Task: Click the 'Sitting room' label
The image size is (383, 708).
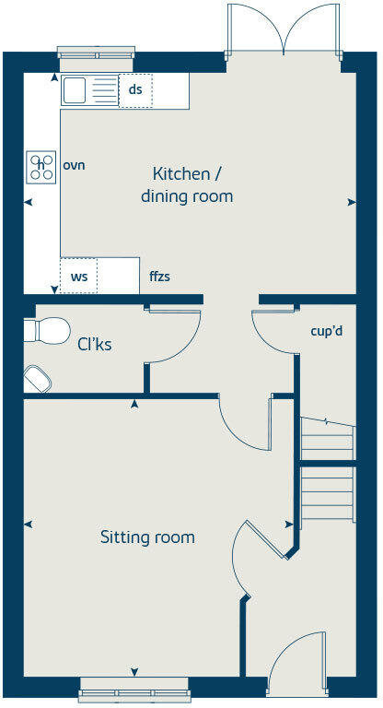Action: click(147, 537)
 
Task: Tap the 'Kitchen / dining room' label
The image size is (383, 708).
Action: click(186, 184)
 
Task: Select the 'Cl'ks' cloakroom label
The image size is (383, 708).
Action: click(94, 346)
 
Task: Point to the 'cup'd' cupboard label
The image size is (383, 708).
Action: click(327, 330)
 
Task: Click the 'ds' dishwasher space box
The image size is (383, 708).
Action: click(135, 89)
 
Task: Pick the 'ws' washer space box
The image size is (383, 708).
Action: click(78, 276)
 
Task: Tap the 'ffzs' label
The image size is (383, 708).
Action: click(159, 276)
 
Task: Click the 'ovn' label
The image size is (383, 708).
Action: click(74, 165)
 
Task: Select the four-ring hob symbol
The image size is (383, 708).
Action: click(41, 166)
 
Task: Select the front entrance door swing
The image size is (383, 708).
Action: click(296, 659)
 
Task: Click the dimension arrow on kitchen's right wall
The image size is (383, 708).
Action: click(351, 202)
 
